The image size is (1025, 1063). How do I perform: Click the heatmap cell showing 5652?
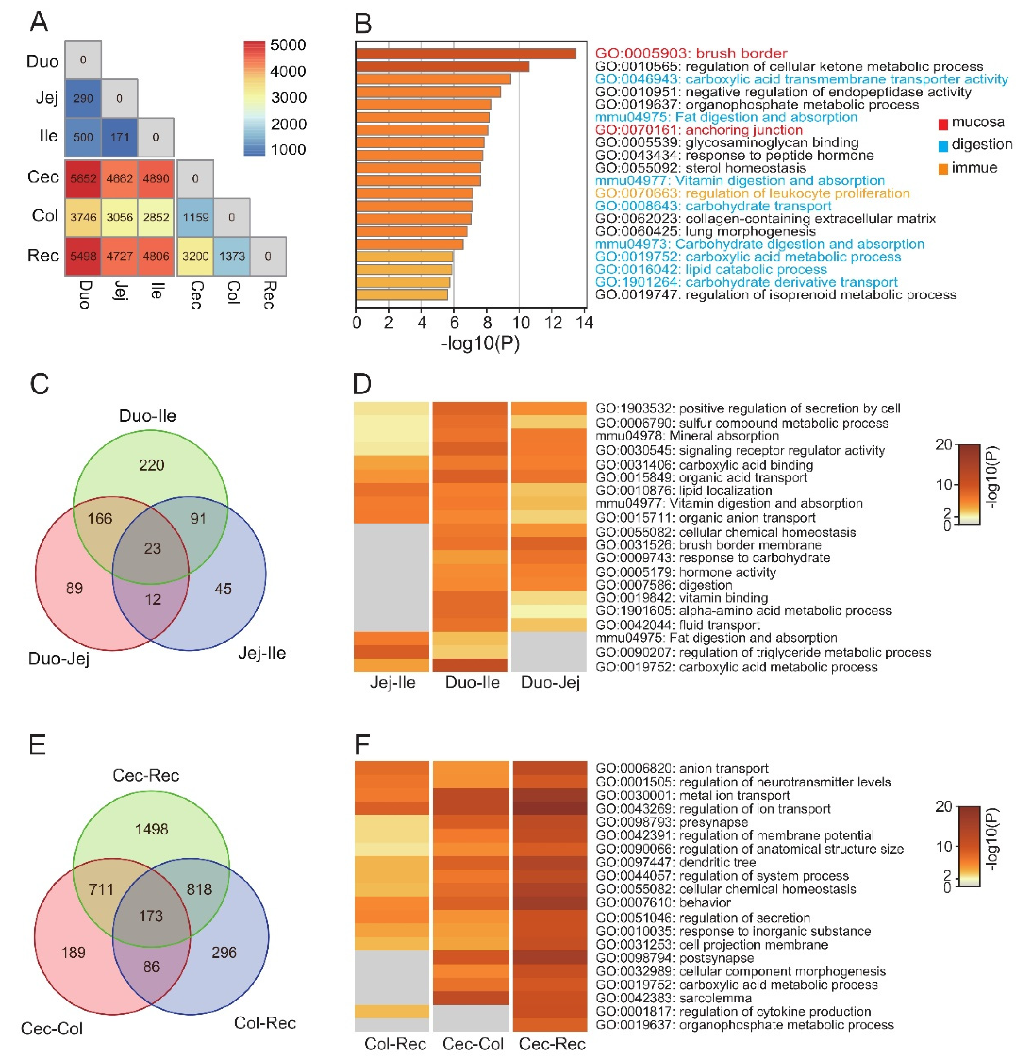(83, 178)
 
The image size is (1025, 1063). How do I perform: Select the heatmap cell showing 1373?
(232, 256)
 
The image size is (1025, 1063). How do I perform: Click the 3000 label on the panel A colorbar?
(288, 98)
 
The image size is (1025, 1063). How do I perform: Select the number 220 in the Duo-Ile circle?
(151, 465)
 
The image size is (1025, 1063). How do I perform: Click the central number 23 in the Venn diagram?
(152, 548)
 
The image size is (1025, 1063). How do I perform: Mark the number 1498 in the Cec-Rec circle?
(152, 829)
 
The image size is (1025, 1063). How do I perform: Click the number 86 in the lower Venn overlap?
(151, 966)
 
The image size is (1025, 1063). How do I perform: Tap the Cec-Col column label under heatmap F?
(472, 1044)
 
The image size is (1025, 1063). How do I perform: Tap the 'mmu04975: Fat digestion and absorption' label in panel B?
(726, 117)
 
